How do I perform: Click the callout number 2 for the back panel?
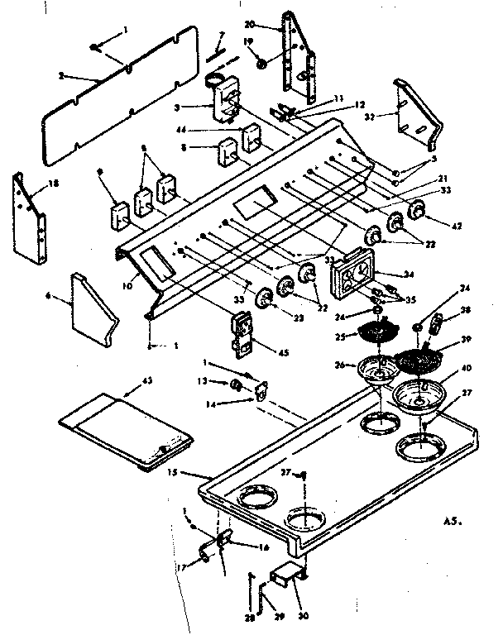pos(61,77)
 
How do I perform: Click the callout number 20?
pos(272,24)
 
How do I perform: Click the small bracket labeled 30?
pos(285,577)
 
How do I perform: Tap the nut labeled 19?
pos(261,62)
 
